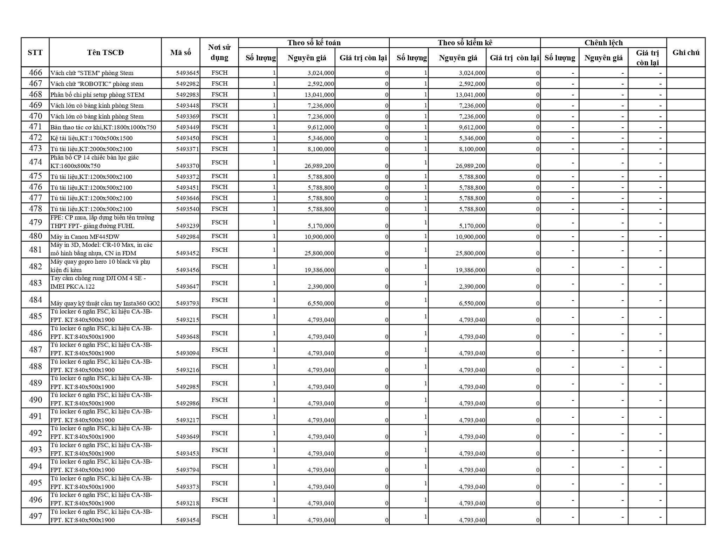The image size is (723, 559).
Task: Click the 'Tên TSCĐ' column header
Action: pyautogui.click(x=105, y=53)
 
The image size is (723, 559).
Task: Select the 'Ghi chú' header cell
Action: pyautogui.click(x=686, y=53)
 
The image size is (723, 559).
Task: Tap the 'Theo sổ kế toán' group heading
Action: pyautogui.click(x=314, y=43)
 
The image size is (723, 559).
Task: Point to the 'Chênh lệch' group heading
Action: pyautogui.click(x=603, y=43)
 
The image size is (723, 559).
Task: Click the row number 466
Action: pyautogui.click(x=35, y=73)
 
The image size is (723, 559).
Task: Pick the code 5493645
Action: pyautogui.click(x=187, y=73)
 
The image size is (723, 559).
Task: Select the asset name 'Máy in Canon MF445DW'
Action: pyautogui.click(x=85, y=237)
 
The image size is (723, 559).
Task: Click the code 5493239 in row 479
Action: pyautogui.click(x=187, y=226)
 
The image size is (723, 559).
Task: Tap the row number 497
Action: pyautogui.click(x=35, y=516)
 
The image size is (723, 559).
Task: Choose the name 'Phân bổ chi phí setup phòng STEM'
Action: pyautogui.click(x=97, y=95)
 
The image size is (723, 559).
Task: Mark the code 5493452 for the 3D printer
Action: pyautogui.click(x=187, y=253)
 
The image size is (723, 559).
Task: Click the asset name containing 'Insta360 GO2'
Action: pyautogui.click(x=105, y=303)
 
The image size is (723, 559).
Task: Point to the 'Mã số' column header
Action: pyautogui.click(x=181, y=53)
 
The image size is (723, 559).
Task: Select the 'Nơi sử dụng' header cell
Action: pyautogui.click(x=219, y=53)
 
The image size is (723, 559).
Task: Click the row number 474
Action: pyautogui.click(x=35, y=162)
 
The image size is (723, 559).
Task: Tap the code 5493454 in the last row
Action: pyautogui.click(x=187, y=520)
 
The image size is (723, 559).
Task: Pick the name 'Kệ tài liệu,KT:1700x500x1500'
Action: pyautogui.click(x=91, y=138)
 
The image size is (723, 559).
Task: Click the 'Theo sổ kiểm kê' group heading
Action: pyautogui.click(x=465, y=43)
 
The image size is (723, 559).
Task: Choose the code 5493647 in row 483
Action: pyautogui.click(x=187, y=287)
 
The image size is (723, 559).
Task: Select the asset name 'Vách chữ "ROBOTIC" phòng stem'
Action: pyautogui.click(x=97, y=84)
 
